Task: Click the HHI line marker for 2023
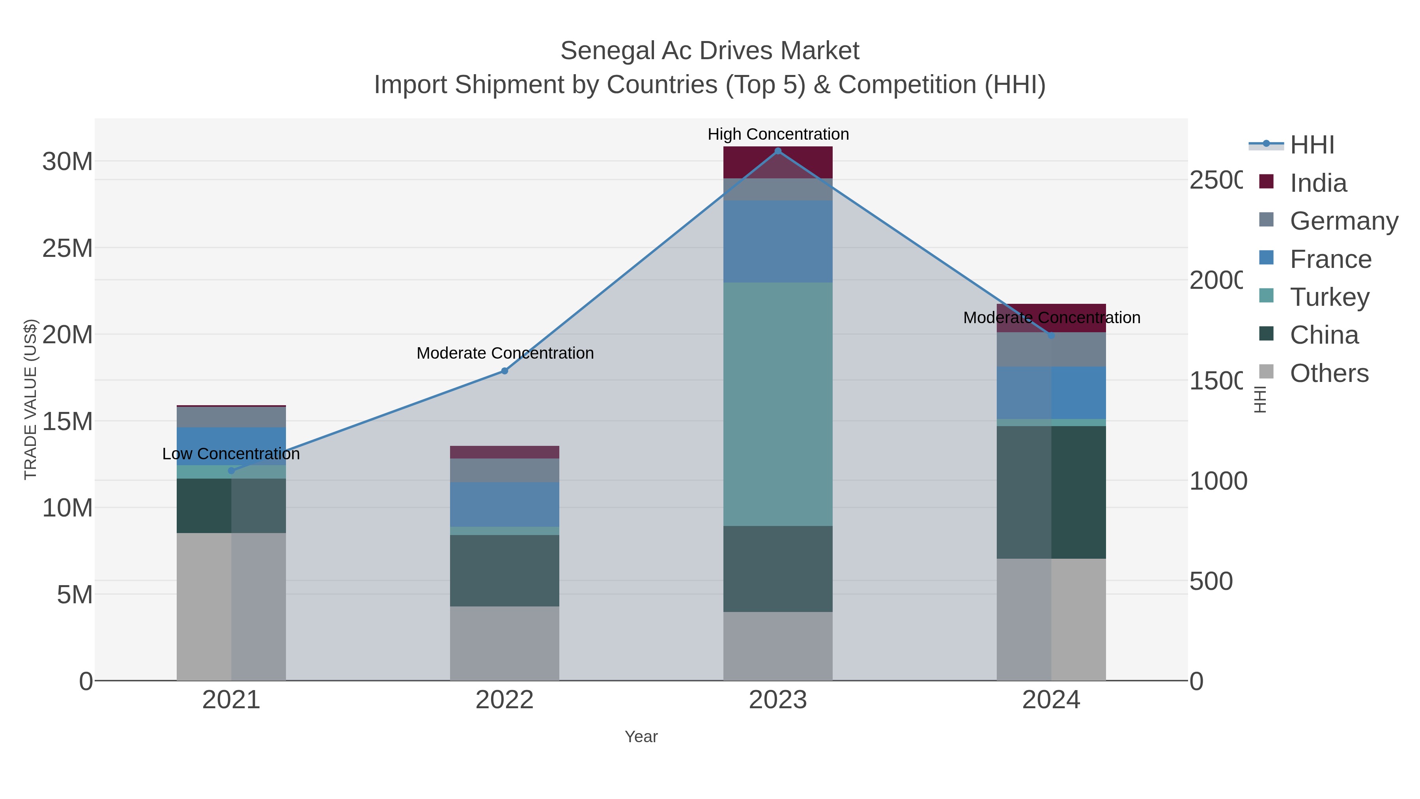778,151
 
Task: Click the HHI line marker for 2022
504,371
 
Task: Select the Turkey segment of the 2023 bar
778,404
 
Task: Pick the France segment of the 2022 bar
504,504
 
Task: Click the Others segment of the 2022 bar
504,643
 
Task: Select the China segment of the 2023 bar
778,569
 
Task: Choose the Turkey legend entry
1328,297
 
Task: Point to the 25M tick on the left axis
67,249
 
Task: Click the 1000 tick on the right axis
1218,481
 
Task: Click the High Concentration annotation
778,134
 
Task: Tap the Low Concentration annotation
231,454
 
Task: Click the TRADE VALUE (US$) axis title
30,399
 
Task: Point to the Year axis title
641,737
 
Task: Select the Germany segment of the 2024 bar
1051,349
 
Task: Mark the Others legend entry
1328,373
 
